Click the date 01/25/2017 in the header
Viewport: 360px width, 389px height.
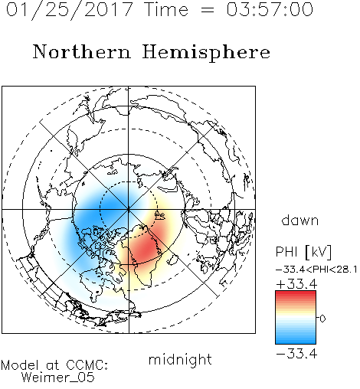point(69,10)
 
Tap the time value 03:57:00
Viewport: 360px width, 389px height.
point(270,9)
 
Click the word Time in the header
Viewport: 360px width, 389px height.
point(166,9)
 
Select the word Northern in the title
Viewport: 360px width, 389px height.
point(82,52)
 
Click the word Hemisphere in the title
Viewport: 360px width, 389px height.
point(206,53)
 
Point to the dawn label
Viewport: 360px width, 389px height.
point(300,220)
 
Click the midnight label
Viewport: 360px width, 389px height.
point(180,359)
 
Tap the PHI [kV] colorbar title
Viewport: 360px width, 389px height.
point(303,252)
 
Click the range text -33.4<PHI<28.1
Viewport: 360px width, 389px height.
point(316,270)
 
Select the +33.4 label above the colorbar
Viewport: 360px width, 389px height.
point(296,284)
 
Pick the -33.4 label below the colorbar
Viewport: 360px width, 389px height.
point(296,354)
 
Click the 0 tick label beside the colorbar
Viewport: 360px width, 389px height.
point(322,319)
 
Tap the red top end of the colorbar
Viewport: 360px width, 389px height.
point(296,293)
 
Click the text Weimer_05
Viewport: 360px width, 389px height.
point(57,378)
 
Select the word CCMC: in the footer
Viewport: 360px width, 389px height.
point(87,365)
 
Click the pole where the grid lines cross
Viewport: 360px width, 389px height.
point(129,210)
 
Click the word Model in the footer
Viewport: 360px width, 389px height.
point(20,365)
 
